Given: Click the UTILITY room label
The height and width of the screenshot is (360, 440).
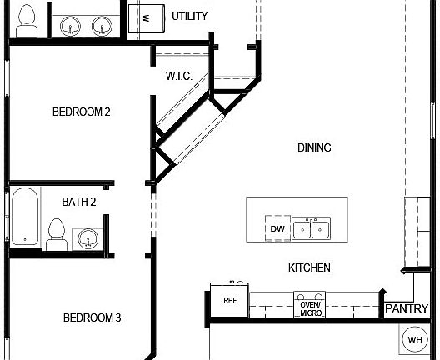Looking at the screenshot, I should point(189,16).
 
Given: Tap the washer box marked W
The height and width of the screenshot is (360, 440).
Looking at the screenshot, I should point(147,17).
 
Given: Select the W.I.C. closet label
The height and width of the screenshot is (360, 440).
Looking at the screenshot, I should point(179,76).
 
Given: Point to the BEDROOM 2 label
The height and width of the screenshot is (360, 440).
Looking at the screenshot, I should point(82,112).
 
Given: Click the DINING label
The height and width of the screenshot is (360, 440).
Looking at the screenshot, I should point(314,147).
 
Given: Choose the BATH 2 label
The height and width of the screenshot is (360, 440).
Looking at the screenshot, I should point(79,202).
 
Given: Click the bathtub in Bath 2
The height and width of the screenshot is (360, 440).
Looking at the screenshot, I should point(25,216).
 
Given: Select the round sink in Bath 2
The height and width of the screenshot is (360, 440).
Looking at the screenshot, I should point(87,240).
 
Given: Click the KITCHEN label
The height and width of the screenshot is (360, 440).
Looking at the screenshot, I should point(309,267).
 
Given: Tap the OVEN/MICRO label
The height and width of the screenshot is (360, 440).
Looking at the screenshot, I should point(311,308).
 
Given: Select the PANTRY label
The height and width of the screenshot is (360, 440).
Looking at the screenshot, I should point(407,308).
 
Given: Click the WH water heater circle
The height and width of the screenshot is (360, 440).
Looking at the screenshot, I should point(414,339).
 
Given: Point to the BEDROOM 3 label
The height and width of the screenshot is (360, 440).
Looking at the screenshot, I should point(93,317).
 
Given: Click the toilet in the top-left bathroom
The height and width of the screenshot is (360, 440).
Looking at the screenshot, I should point(27,21).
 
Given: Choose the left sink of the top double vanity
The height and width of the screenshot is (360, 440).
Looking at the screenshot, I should point(70,25).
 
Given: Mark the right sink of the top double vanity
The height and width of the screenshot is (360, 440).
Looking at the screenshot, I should point(103,25).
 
